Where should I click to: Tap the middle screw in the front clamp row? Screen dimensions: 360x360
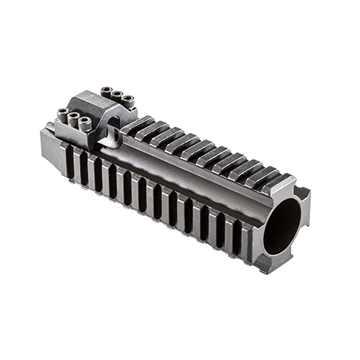coord(76,120)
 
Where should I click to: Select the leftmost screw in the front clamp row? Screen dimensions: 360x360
coord(63,114)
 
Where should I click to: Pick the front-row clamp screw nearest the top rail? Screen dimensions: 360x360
coord(89,125)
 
